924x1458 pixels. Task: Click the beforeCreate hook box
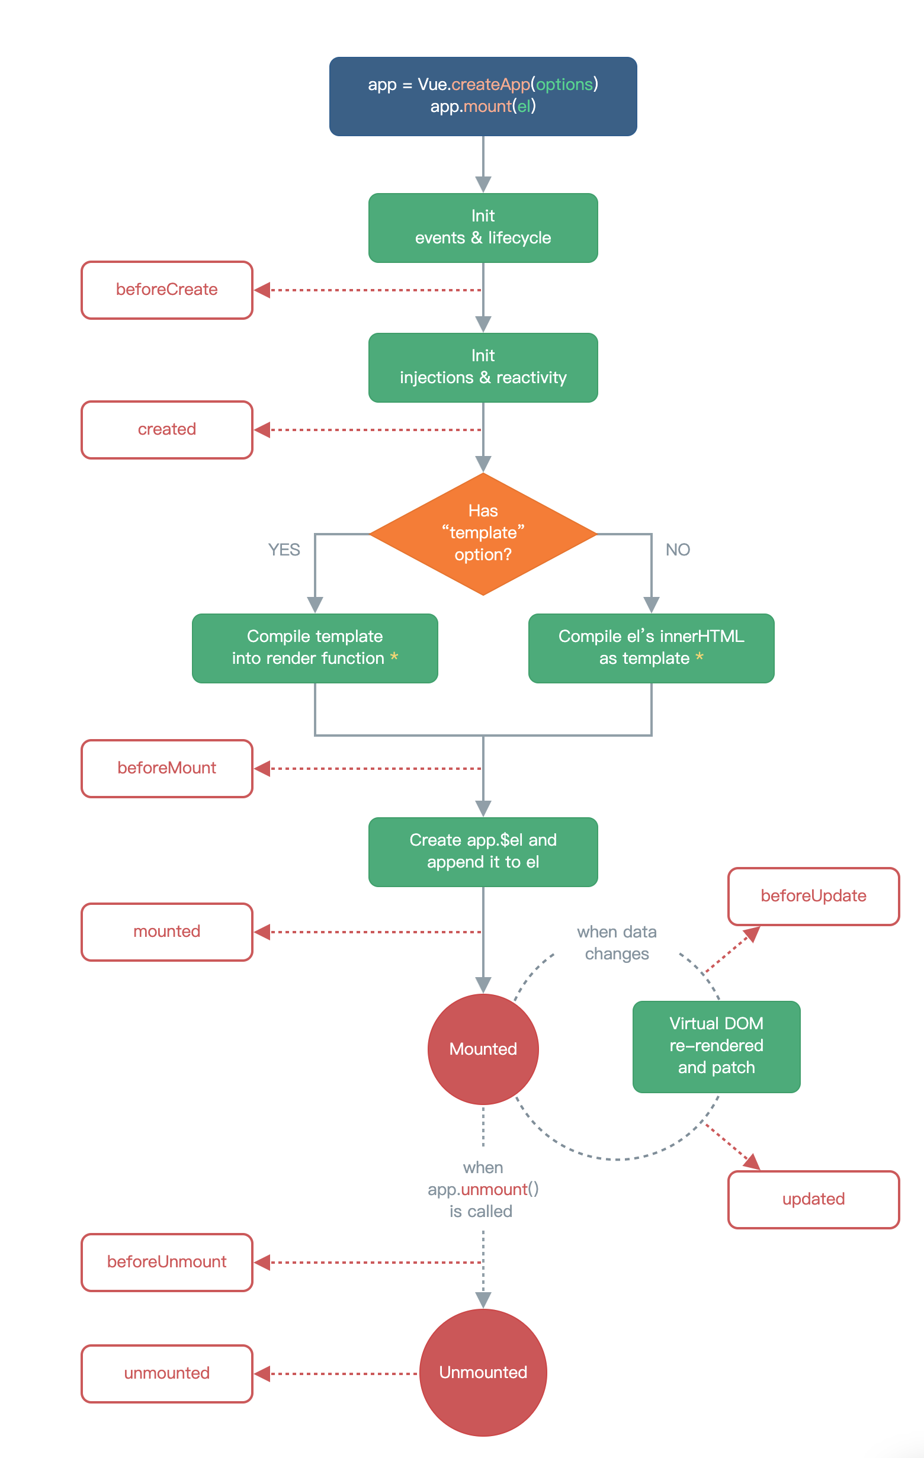click(167, 290)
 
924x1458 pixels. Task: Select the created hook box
click(167, 430)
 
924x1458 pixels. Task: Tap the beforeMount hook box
click(167, 768)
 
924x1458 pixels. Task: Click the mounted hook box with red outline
click(167, 932)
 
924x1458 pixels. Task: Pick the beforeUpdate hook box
click(813, 896)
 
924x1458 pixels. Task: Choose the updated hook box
click(813, 1199)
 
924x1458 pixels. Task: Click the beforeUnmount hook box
click(167, 1263)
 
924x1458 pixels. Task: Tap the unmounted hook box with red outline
click(167, 1374)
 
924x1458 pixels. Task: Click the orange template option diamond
click(483, 534)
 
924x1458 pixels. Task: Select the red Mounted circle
click(483, 1049)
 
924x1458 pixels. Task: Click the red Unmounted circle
click(483, 1373)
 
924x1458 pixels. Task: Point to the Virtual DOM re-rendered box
click(716, 1047)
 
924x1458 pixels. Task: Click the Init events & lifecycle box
click(483, 227)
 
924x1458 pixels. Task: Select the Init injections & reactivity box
click(483, 368)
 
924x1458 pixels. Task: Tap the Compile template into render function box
click(315, 648)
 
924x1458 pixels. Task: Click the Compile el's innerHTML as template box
click(652, 648)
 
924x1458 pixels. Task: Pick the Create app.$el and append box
click(483, 852)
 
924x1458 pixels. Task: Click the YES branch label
click(284, 550)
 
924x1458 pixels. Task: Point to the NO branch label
click(678, 550)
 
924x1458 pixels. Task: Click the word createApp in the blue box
click(490, 85)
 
